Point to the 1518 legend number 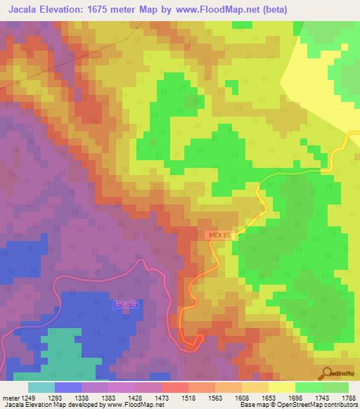coord(188,397)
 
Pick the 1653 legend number coord(268,397)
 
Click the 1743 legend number coord(321,397)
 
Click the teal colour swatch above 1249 coord(41,387)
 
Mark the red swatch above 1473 coord(174,387)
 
